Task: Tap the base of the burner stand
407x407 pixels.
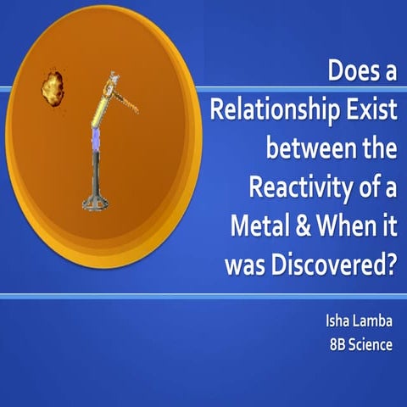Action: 99,202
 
